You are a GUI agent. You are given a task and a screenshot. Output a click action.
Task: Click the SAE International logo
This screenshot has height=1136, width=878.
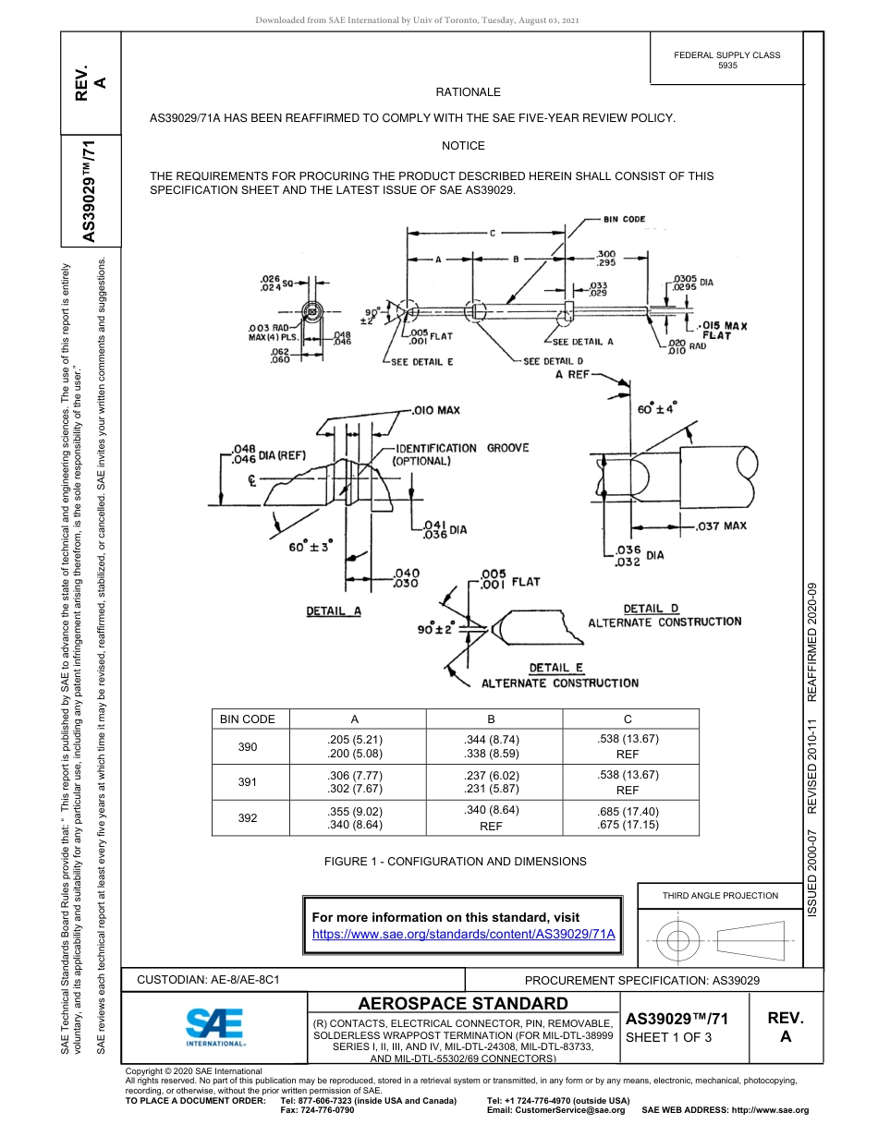215,1026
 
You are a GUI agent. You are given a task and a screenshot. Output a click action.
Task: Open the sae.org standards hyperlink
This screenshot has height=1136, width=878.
463,934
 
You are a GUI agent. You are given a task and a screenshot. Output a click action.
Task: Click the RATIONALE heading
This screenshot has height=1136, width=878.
468,92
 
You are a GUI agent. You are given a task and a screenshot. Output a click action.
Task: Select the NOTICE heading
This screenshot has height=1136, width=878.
463,146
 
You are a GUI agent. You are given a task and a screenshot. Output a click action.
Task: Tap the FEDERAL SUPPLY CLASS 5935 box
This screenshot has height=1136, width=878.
726,60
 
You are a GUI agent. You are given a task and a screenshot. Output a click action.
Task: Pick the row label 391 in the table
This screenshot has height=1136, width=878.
248,782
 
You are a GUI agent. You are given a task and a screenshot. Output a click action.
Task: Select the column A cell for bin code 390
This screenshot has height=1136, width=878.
355,746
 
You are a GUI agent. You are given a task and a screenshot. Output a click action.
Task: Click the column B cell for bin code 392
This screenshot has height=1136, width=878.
491,818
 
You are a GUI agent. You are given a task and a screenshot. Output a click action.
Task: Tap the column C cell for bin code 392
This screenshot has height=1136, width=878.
628,818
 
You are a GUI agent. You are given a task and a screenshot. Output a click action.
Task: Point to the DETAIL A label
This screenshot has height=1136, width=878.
334,611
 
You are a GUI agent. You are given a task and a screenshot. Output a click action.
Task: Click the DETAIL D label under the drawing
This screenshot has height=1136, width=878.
651,609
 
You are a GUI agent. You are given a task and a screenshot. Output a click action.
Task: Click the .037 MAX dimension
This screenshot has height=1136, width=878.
721,526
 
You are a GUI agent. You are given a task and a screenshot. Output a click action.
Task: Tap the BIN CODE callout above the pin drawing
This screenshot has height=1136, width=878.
625,220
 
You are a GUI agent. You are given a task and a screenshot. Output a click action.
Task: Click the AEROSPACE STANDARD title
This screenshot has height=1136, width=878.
463,1004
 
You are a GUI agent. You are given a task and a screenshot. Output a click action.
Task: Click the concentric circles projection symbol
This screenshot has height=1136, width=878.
678,941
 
